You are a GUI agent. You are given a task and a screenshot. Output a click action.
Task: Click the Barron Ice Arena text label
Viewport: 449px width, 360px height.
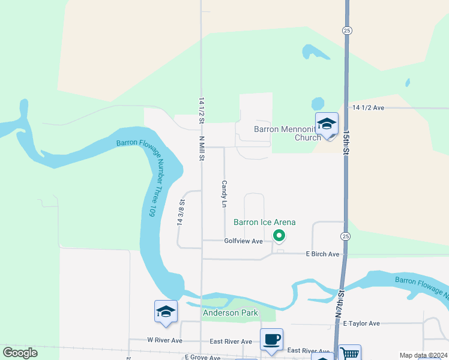[264, 222]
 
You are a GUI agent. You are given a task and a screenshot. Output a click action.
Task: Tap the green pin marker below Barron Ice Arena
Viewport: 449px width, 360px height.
[279, 236]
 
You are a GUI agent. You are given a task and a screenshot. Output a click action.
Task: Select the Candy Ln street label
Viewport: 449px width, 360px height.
[224, 194]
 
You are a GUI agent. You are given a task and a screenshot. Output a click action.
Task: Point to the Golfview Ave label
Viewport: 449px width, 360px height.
[244, 241]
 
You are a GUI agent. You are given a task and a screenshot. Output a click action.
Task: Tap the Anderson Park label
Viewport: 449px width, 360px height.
[231, 313]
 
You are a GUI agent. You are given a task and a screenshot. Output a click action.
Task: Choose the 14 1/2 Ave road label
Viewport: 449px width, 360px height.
[368, 107]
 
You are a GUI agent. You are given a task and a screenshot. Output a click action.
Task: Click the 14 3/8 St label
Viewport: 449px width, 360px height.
[179, 212]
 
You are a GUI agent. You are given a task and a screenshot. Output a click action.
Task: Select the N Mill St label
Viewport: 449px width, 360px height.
[202, 148]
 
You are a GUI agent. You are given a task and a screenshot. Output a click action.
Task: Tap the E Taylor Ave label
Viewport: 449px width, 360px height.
[361, 323]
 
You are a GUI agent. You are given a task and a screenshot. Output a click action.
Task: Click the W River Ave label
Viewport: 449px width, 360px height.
[164, 340]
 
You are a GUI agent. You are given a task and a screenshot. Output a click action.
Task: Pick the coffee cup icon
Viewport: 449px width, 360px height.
[271, 339]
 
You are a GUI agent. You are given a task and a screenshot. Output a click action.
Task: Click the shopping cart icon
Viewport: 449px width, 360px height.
[349, 354]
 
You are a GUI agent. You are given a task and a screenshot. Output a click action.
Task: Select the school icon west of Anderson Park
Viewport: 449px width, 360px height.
[166, 311]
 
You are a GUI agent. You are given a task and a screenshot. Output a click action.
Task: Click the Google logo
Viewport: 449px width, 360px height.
[20, 353]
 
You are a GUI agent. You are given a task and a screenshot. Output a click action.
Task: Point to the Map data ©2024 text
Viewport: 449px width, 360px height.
[423, 355]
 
